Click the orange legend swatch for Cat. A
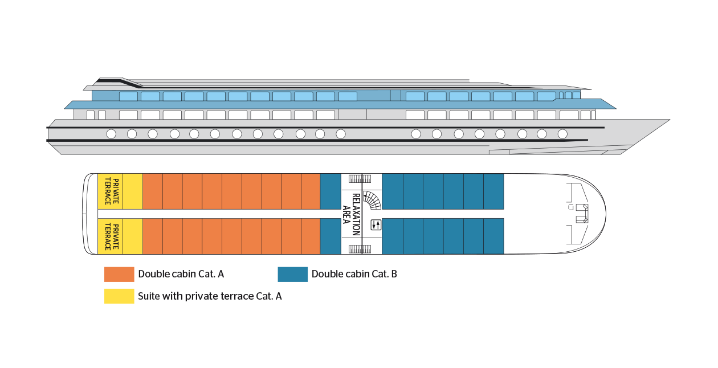(119, 274)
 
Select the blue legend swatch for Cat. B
(292, 274)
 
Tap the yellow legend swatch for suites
(119, 296)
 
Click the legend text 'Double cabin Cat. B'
(354, 274)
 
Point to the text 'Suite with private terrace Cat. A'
(210, 296)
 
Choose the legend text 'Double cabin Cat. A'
(181, 274)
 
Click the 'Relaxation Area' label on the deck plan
(352, 214)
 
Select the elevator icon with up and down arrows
(375, 224)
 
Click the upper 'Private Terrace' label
(112, 191)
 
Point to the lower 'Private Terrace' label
(112, 236)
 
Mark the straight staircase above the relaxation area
(360, 178)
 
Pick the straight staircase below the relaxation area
(360, 249)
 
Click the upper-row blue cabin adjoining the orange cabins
(331, 191)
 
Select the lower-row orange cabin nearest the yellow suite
(152, 236)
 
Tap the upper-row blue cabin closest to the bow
(493, 191)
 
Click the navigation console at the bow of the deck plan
(582, 212)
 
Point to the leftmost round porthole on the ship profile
(111, 134)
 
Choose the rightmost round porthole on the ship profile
(562, 134)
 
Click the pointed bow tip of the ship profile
(668, 120)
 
